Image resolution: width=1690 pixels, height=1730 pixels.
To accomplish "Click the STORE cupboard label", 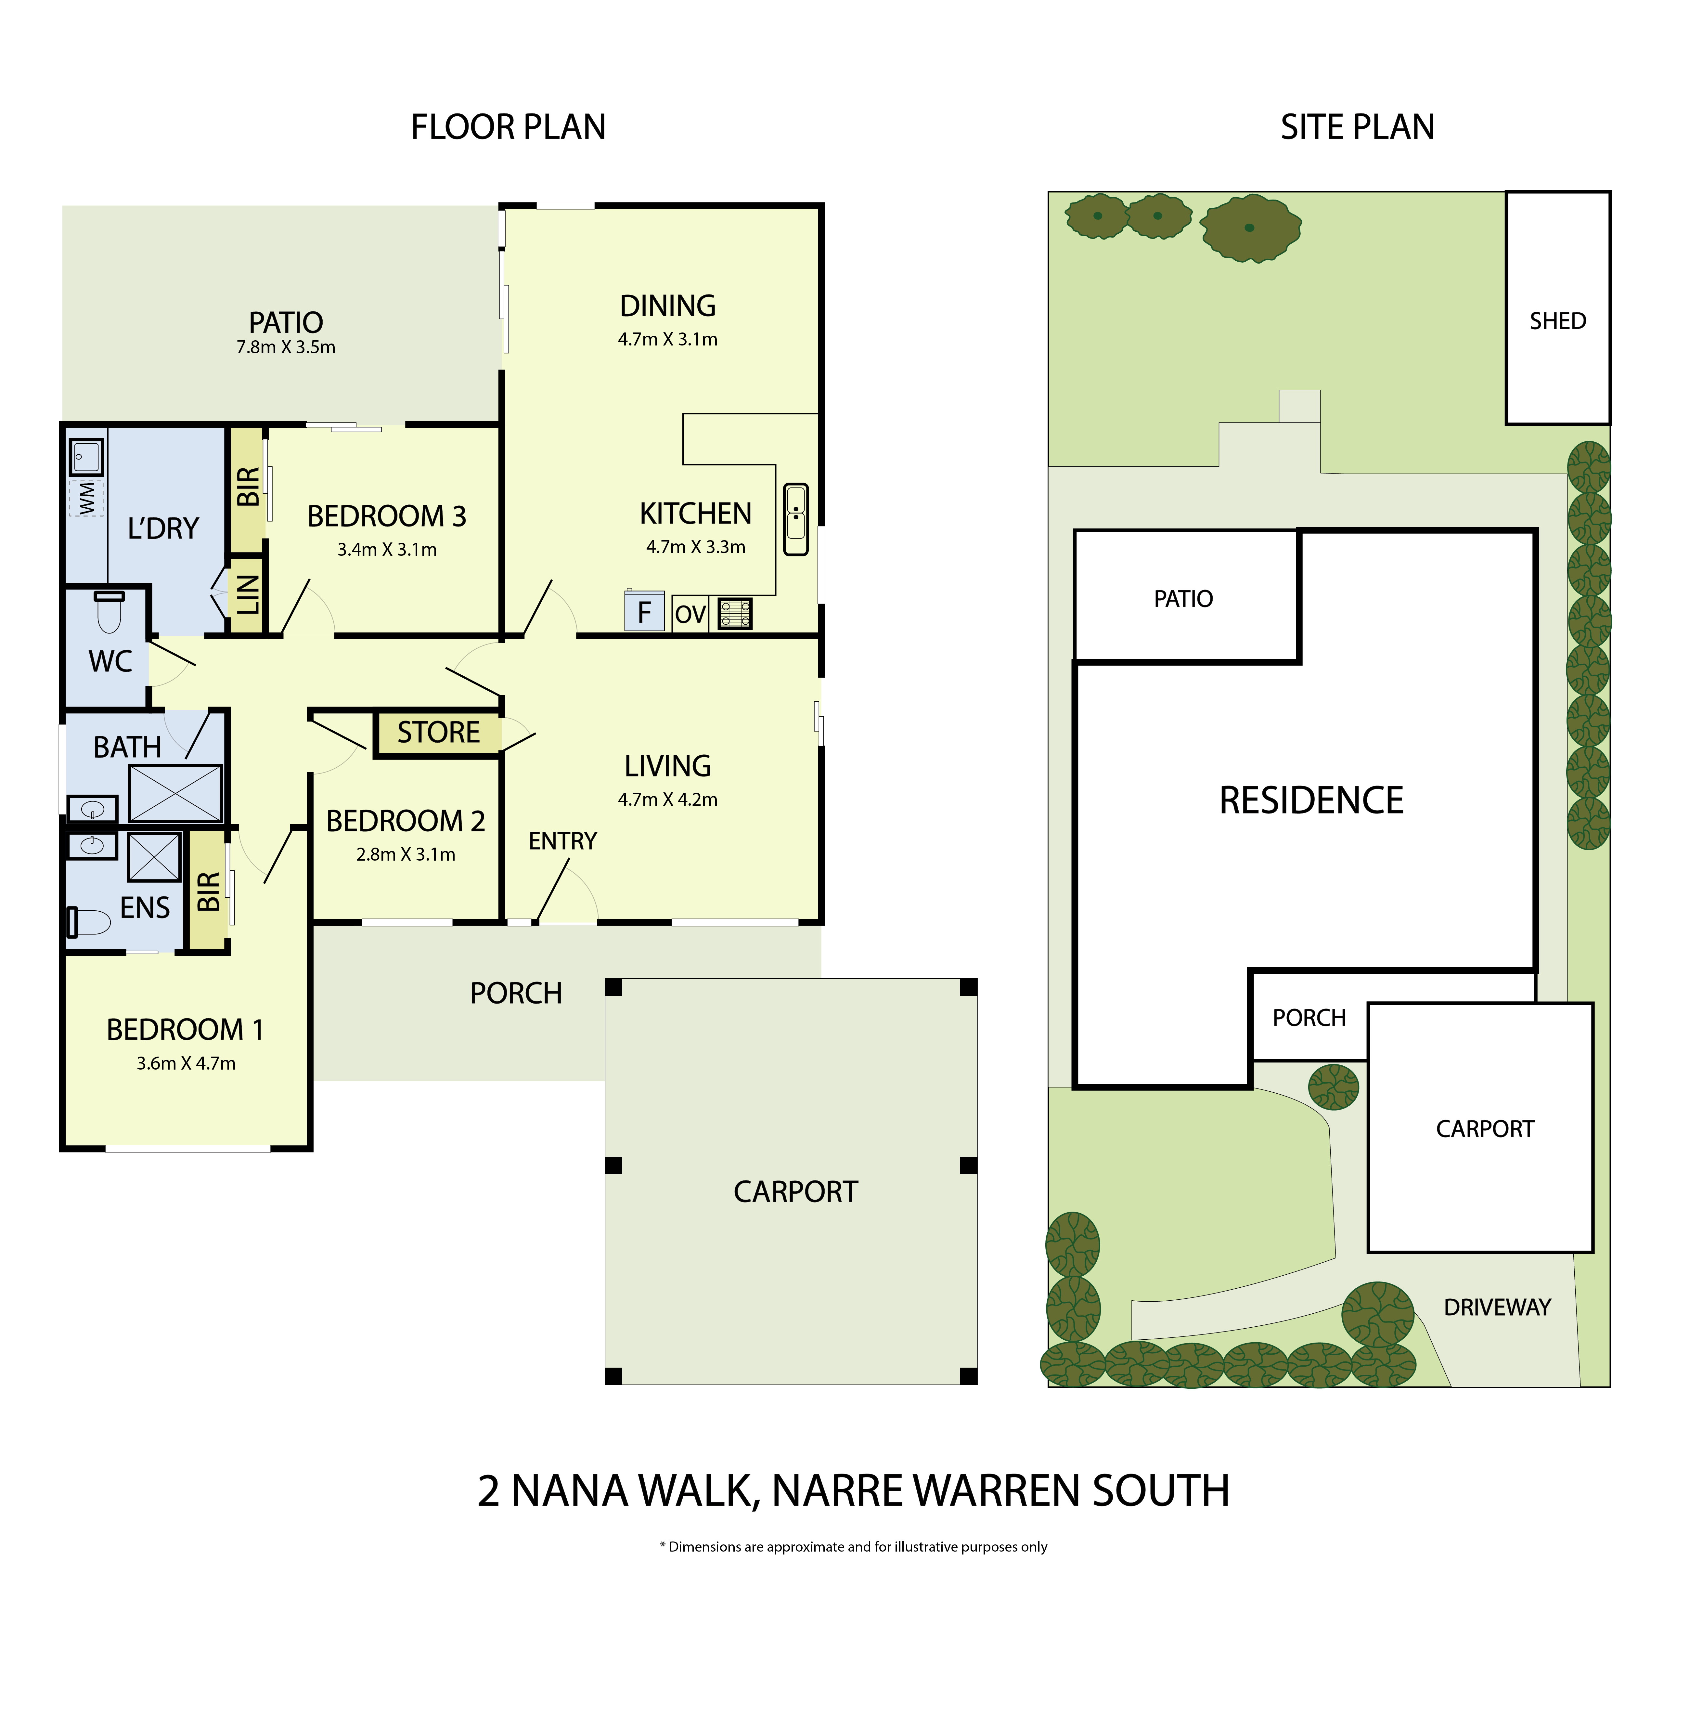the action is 438,732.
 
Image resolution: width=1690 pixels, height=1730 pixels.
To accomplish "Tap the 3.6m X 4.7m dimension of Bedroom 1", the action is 187,1063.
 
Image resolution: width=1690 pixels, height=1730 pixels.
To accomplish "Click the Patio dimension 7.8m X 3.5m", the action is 286,347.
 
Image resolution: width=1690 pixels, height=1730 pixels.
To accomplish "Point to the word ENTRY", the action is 563,840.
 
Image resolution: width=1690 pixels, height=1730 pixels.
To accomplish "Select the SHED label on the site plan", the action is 1558,321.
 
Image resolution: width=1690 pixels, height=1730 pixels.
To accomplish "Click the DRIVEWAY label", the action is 1497,1307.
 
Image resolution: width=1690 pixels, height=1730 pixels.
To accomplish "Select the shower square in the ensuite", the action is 154,857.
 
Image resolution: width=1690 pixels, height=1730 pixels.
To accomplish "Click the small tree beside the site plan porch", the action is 1333,1086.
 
